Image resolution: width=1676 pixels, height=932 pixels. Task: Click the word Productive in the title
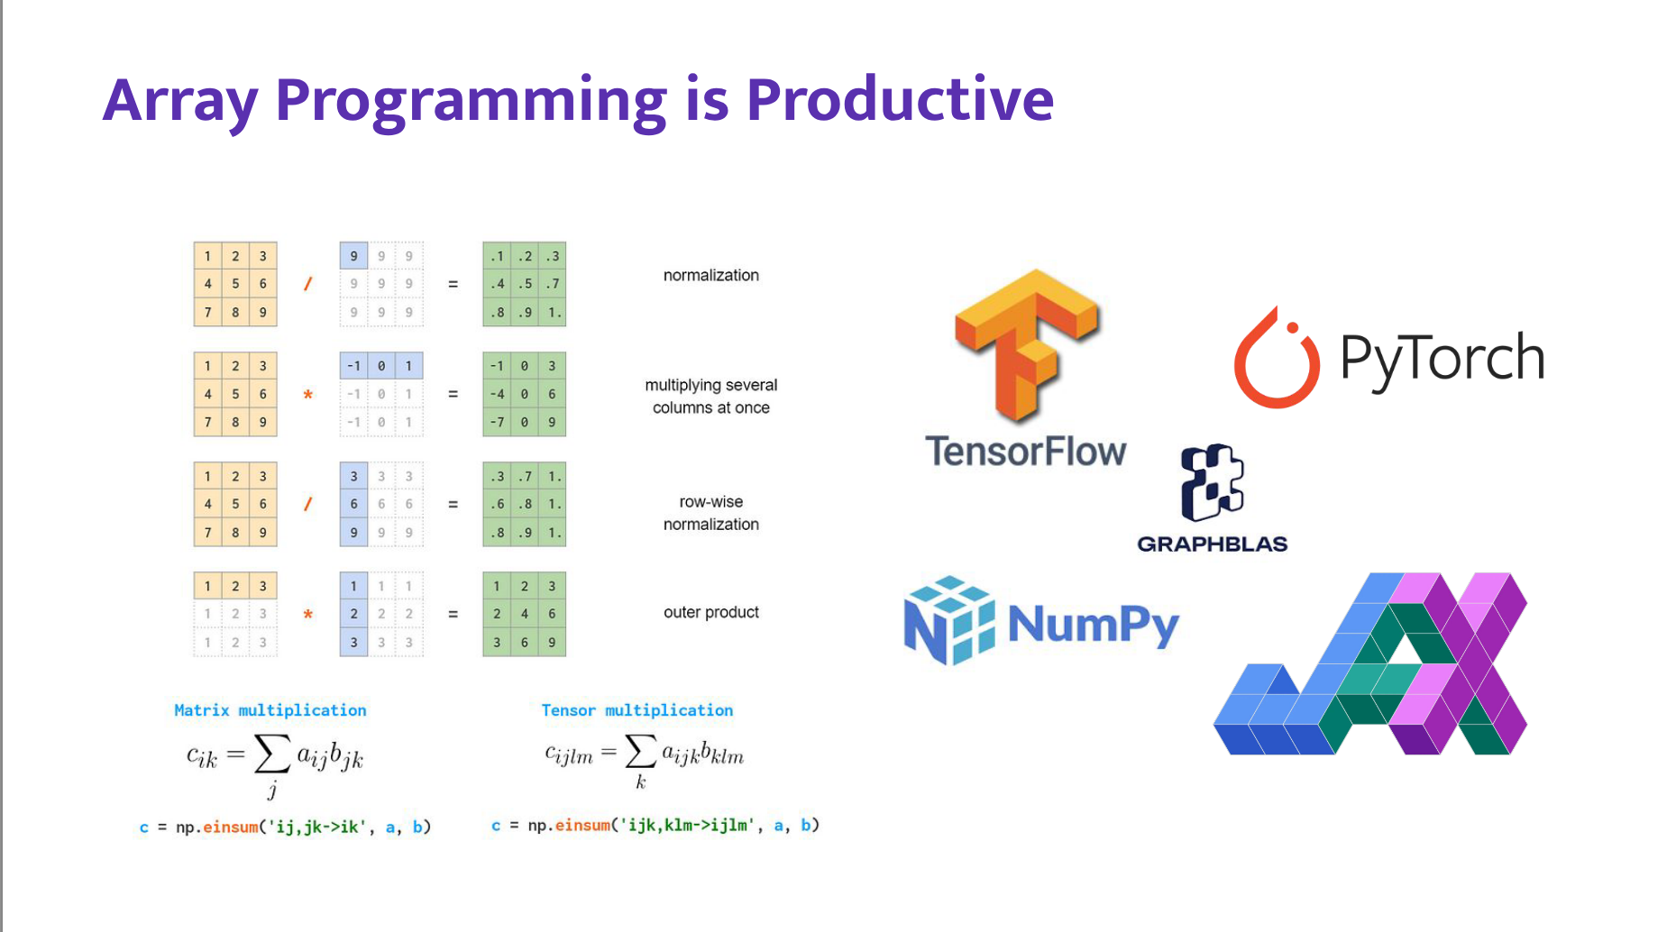click(x=899, y=99)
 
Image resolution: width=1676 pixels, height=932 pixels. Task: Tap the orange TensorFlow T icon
click(x=1026, y=343)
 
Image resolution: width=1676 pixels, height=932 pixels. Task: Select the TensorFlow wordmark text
click(x=1026, y=451)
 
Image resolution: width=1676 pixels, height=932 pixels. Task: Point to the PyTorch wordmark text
click(x=1442, y=358)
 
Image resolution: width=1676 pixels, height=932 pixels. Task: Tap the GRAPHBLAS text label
click(x=1212, y=544)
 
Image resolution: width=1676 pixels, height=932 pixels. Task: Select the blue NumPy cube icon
click(x=948, y=620)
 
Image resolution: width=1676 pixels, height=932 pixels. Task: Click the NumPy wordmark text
click(x=1093, y=624)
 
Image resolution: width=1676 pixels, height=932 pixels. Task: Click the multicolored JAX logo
click(x=1370, y=664)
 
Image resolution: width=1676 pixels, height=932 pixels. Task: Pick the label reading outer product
click(x=710, y=612)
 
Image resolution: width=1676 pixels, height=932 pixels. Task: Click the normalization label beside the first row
click(x=710, y=275)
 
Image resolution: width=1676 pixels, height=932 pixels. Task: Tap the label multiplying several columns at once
click(x=710, y=396)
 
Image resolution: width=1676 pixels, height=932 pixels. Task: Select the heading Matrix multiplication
click(x=270, y=710)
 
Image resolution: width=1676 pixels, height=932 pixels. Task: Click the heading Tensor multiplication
click(x=637, y=710)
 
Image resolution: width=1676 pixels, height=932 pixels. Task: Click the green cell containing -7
click(x=497, y=422)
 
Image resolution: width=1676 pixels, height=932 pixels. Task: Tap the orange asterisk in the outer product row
click(x=308, y=615)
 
